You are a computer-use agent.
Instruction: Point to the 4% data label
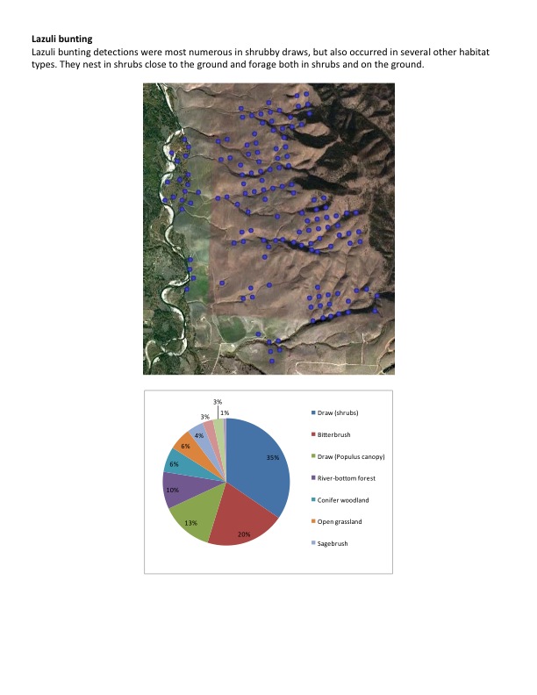199,435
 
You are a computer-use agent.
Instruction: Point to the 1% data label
225,412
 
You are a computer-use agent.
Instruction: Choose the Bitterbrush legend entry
331,435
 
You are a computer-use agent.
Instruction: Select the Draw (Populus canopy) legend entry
350,456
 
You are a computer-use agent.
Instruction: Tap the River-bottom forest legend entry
345,478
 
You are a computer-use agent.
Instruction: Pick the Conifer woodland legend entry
343,500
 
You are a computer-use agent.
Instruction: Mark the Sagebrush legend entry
331,544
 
